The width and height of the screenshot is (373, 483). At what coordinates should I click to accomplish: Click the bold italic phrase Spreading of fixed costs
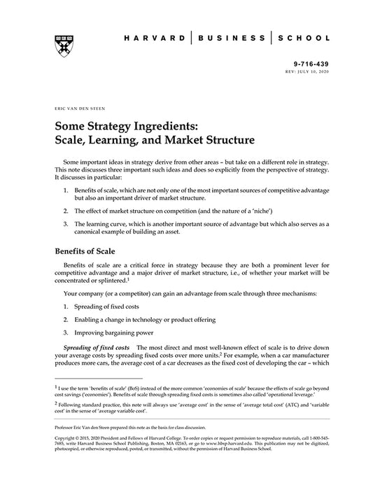click(x=95, y=347)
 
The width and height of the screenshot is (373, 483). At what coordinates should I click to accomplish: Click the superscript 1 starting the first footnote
click(x=55, y=384)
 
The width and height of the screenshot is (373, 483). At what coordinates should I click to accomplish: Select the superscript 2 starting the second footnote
click(x=55, y=402)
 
